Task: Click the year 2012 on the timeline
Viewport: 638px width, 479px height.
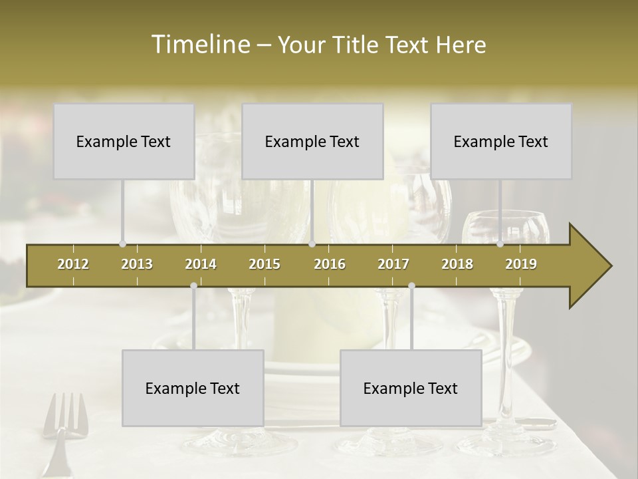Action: (73, 264)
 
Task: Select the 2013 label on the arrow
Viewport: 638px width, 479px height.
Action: (137, 264)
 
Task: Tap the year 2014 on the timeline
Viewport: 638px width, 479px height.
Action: (201, 264)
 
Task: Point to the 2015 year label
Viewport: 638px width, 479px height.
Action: (265, 264)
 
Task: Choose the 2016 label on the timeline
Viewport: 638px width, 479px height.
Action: (330, 264)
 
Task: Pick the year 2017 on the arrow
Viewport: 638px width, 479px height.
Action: (393, 264)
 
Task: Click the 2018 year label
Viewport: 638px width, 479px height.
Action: (457, 264)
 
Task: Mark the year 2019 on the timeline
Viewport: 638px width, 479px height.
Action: (521, 264)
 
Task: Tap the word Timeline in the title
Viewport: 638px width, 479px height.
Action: (199, 45)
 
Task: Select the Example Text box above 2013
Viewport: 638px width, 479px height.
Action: (124, 141)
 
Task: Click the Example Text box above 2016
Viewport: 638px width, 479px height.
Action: (312, 141)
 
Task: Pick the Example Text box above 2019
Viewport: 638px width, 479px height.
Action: (501, 141)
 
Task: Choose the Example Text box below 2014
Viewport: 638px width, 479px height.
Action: (193, 388)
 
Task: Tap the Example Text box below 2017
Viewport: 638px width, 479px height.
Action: (411, 388)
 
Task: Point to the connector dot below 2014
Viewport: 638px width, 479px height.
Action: (193, 285)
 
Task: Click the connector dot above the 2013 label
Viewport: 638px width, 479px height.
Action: (122, 244)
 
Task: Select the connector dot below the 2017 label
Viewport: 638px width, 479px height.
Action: (411, 285)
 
